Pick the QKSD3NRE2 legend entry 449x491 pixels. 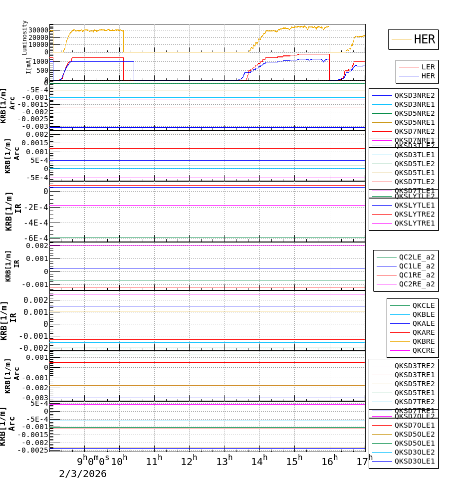point(414,95)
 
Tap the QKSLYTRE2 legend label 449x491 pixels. point(414,214)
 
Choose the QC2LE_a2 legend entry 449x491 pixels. point(417,257)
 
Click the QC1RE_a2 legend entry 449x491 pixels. point(417,275)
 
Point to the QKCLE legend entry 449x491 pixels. point(423,305)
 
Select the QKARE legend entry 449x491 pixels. point(423,332)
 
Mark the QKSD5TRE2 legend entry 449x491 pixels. point(414,384)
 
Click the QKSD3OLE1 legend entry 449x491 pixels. point(414,461)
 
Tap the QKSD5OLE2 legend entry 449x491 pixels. point(414,434)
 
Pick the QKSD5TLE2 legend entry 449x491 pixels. point(414,164)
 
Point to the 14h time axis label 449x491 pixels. point(259,462)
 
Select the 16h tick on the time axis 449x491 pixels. point(329,462)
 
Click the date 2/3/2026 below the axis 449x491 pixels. point(82,474)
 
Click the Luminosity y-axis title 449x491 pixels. point(25,37)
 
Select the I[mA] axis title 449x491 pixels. point(28,66)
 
